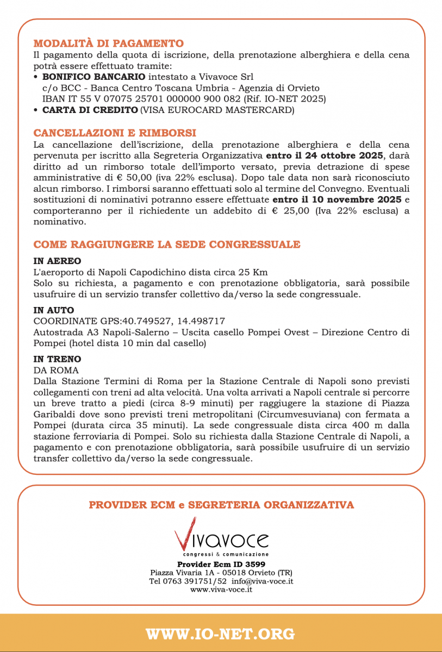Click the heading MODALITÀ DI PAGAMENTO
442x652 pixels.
pos(108,43)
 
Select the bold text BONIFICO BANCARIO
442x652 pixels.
pos(94,77)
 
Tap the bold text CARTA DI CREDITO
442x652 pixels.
pos(90,110)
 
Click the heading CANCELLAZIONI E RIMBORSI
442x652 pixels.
pos(115,133)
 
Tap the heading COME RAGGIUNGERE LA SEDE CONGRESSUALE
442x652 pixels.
pos(167,244)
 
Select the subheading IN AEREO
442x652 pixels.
pos(57,261)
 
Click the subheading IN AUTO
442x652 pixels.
pos(54,310)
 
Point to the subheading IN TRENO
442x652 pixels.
pos(57,359)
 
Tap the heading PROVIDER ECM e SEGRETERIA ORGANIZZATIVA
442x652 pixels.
pos(221,505)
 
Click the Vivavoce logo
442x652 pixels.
pos(221,537)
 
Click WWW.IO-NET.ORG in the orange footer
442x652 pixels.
pos(221,634)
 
